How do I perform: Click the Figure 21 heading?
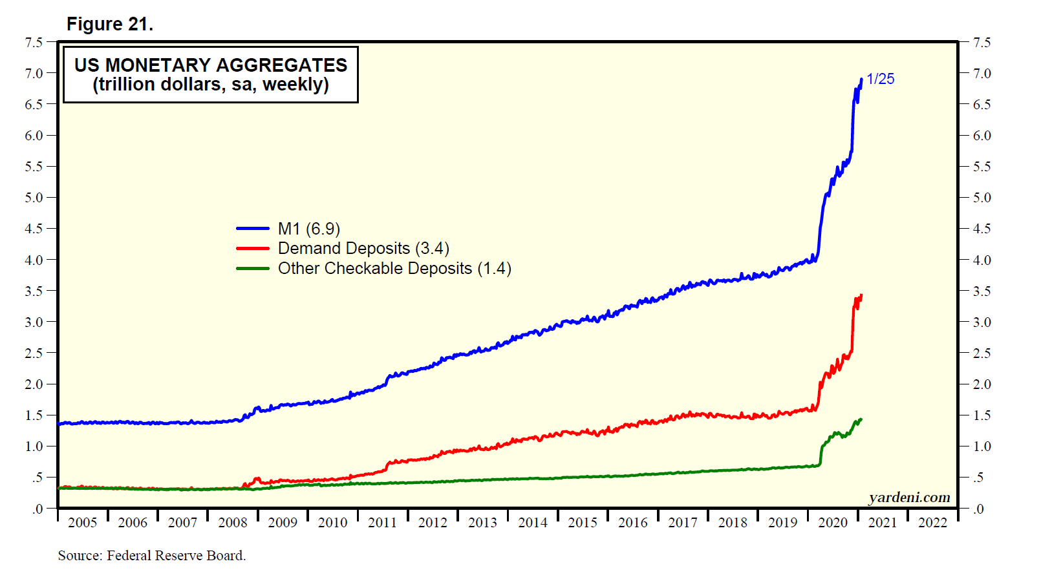[x=110, y=25]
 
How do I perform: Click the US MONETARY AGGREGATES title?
[x=211, y=65]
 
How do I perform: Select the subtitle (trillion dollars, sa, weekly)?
[x=211, y=85]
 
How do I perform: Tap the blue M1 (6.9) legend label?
[x=308, y=229]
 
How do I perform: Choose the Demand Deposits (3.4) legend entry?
[x=363, y=249]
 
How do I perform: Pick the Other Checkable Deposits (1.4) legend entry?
[x=394, y=269]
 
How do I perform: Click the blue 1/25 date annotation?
[x=880, y=79]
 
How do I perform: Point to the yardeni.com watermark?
[x=909, y=497]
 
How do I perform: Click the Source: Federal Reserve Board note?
[x=152, y=556]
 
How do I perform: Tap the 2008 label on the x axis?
[x=233, y=523]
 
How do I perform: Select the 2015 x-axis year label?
[x=583, y=523]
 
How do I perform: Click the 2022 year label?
[x=932, y=523]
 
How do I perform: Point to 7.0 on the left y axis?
[x=34, y=74]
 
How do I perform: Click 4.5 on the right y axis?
[x=982, y=229]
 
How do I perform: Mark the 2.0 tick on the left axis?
[x=34, y=384]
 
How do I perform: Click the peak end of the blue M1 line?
[x=861, y=79]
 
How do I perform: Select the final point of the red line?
[x=861, y=295]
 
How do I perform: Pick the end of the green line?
[x=861, y=419]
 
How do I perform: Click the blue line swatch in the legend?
[x=253, y=229]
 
